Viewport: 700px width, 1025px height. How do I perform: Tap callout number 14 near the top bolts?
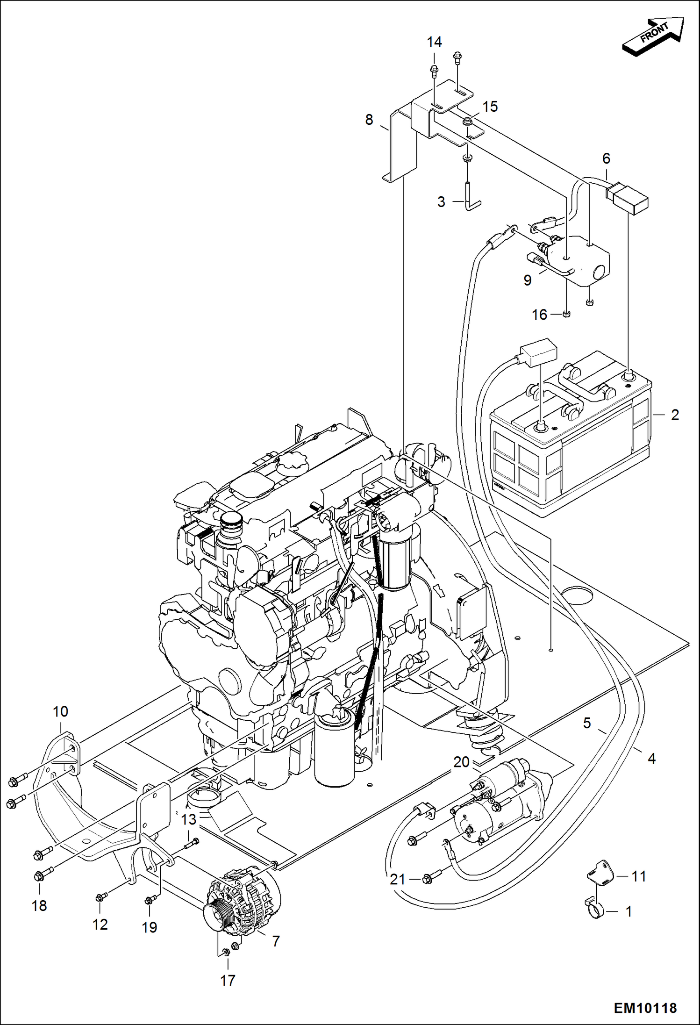(434, 42)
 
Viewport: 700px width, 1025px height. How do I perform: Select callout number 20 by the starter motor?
(461, 762)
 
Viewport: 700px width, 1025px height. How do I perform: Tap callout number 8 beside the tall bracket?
(369, 120)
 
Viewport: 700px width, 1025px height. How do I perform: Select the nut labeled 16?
(565, 314)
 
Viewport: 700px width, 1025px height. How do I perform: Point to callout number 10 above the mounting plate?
(60, 712)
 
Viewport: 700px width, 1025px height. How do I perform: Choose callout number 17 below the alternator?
(228, 981)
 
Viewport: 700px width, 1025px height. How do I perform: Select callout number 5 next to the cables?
(587, 723)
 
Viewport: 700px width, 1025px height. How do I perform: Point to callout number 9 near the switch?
(527, 280)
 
